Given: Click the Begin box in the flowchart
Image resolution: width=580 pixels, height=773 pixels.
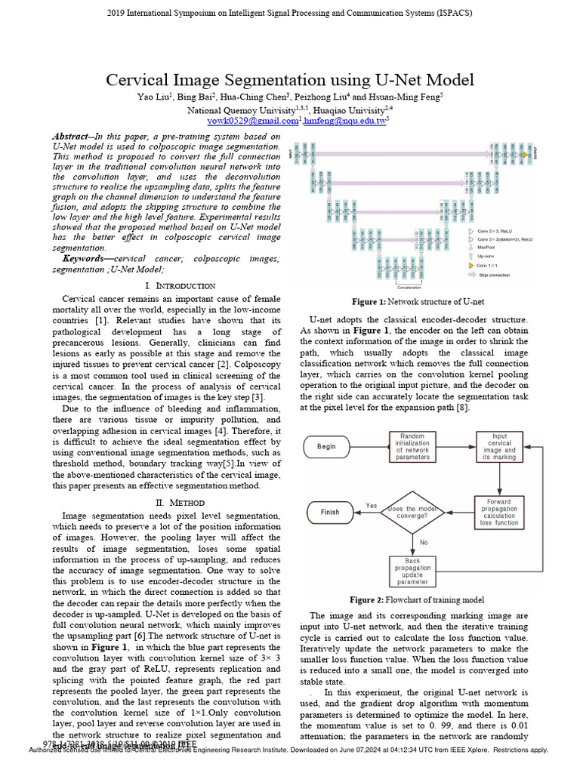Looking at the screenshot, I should click(326, 446).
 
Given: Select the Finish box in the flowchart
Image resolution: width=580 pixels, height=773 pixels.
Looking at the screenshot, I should click(330, 511).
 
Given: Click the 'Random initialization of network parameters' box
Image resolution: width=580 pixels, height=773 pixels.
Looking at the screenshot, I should click(412, 446).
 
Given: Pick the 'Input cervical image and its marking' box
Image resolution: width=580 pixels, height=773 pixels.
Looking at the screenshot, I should click(499, 446).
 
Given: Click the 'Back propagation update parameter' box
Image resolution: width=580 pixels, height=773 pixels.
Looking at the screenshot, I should click(412, 571).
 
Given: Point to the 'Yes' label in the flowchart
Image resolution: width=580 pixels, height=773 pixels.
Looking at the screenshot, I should click(371, 505).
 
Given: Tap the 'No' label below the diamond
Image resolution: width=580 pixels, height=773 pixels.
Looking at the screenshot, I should click(423, 542).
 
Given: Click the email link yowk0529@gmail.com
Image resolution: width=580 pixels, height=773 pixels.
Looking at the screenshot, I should click(252, 120).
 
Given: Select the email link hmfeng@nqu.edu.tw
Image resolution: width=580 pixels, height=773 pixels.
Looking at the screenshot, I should click(344, 120).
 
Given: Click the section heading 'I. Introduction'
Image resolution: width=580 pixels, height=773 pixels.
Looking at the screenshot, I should click(179, 286).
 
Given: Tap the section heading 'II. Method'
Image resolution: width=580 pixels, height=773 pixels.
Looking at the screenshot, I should click(179, 502).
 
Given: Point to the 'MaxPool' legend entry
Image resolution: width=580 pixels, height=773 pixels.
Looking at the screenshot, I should click(486, 246).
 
